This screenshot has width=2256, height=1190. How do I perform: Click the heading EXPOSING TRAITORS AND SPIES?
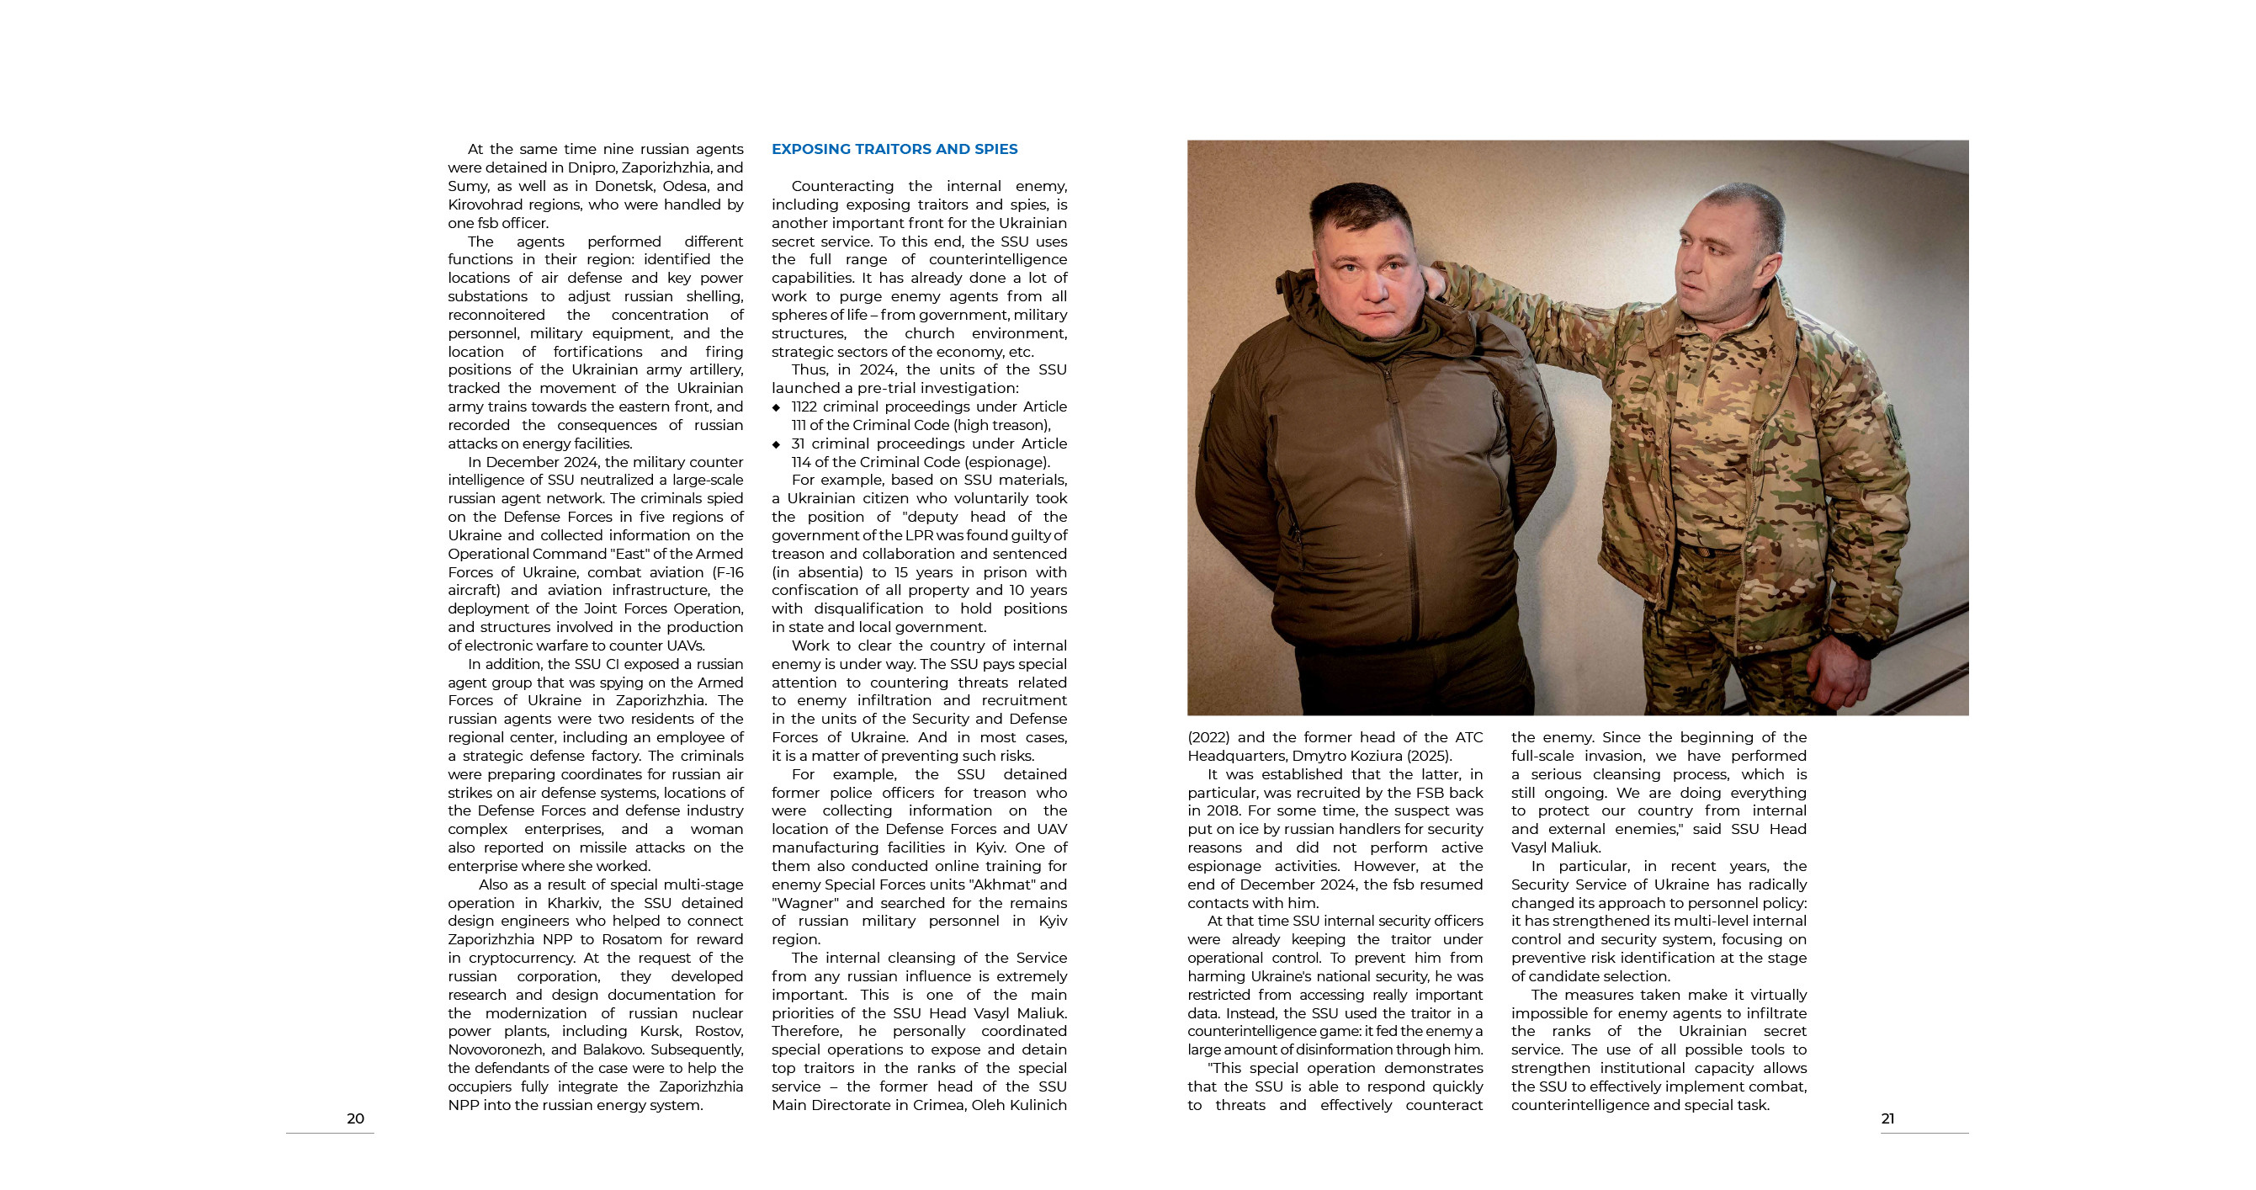[894, 149]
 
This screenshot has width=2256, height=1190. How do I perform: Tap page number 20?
[355, 1118]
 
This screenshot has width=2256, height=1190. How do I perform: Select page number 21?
[1887, 1118]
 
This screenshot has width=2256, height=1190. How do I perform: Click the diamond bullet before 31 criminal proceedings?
[776, 444]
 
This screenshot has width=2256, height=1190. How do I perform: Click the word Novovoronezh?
[496, 1050]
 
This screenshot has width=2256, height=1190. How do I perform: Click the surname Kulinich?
[1033, 1105]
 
